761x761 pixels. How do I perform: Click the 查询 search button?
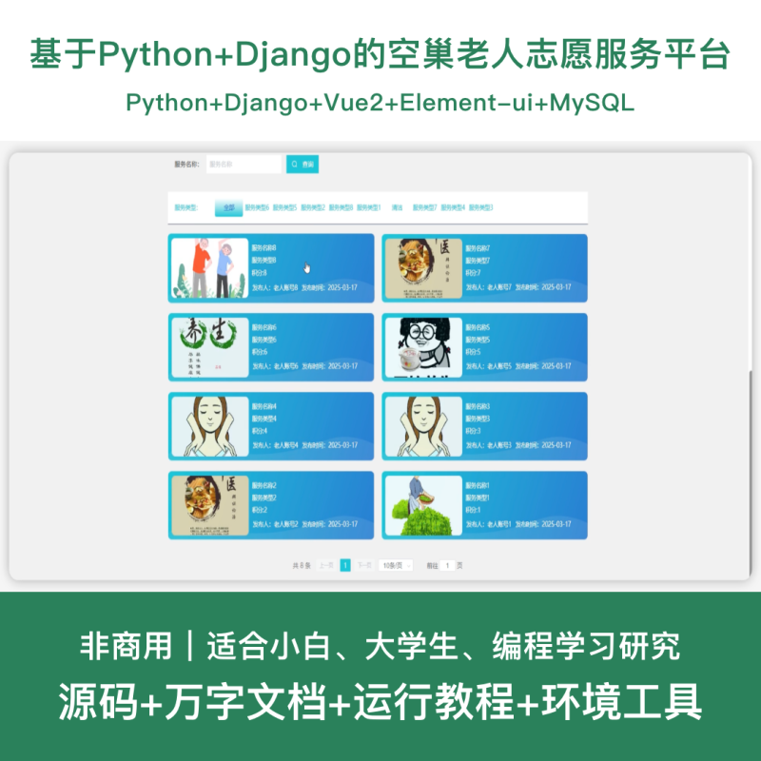point(302,165)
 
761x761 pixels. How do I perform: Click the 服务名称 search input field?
point(244,165)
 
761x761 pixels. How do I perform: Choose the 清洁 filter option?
point(397,207)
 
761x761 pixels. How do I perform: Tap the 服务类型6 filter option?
point(257,207)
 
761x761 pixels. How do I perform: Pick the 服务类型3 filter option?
point(480,207)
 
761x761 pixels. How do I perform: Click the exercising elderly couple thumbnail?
point(209,267)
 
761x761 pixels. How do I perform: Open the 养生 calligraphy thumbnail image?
point(209,346)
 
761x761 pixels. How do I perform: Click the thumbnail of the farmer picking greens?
point(423,505)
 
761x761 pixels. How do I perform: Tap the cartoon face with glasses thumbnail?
point(423,346)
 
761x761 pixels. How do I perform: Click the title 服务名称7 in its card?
point(478,248)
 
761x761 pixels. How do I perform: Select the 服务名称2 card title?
point(264,485)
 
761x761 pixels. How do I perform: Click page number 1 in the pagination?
point(345,565)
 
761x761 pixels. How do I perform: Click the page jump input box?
point(448,565)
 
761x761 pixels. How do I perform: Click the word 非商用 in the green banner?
point(127,648)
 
